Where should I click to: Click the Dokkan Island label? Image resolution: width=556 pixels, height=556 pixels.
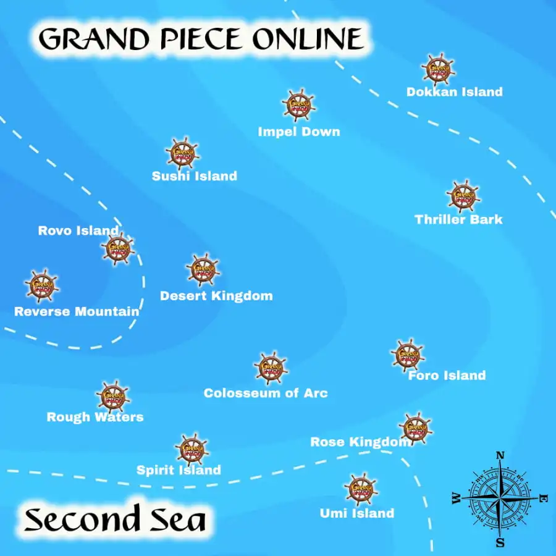pos(454,92)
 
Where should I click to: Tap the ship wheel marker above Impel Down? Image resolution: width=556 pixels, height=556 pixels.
pos(299,104)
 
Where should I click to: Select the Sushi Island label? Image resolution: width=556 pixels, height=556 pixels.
pos(195,176)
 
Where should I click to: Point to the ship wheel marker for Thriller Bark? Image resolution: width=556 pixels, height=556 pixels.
pos(463,196)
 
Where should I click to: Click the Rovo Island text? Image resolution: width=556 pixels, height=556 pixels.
pos(78,231)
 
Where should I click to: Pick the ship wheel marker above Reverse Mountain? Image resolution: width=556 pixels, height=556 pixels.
pos(42,285)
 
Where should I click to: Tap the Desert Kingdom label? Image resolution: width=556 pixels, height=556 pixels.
pos(216,296)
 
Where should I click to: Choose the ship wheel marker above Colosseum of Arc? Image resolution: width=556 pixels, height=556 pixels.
pos(271,368)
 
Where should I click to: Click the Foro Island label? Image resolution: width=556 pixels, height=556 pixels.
pos(447,376)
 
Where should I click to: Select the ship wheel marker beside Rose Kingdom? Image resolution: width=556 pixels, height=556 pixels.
pos(415,428)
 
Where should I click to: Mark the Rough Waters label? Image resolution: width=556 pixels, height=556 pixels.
pos(95,418)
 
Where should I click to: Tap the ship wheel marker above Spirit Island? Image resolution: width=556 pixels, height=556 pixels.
pos(192,449)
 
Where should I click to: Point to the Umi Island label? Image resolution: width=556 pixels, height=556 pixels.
pos(356,513)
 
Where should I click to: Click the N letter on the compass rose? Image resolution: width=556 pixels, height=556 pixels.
pos(500,456)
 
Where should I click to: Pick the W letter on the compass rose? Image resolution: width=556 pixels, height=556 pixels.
pos(457,498)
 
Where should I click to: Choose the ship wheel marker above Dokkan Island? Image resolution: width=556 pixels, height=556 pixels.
pos(439,68)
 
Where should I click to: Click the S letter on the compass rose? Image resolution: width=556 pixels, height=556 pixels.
pos(500,542)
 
